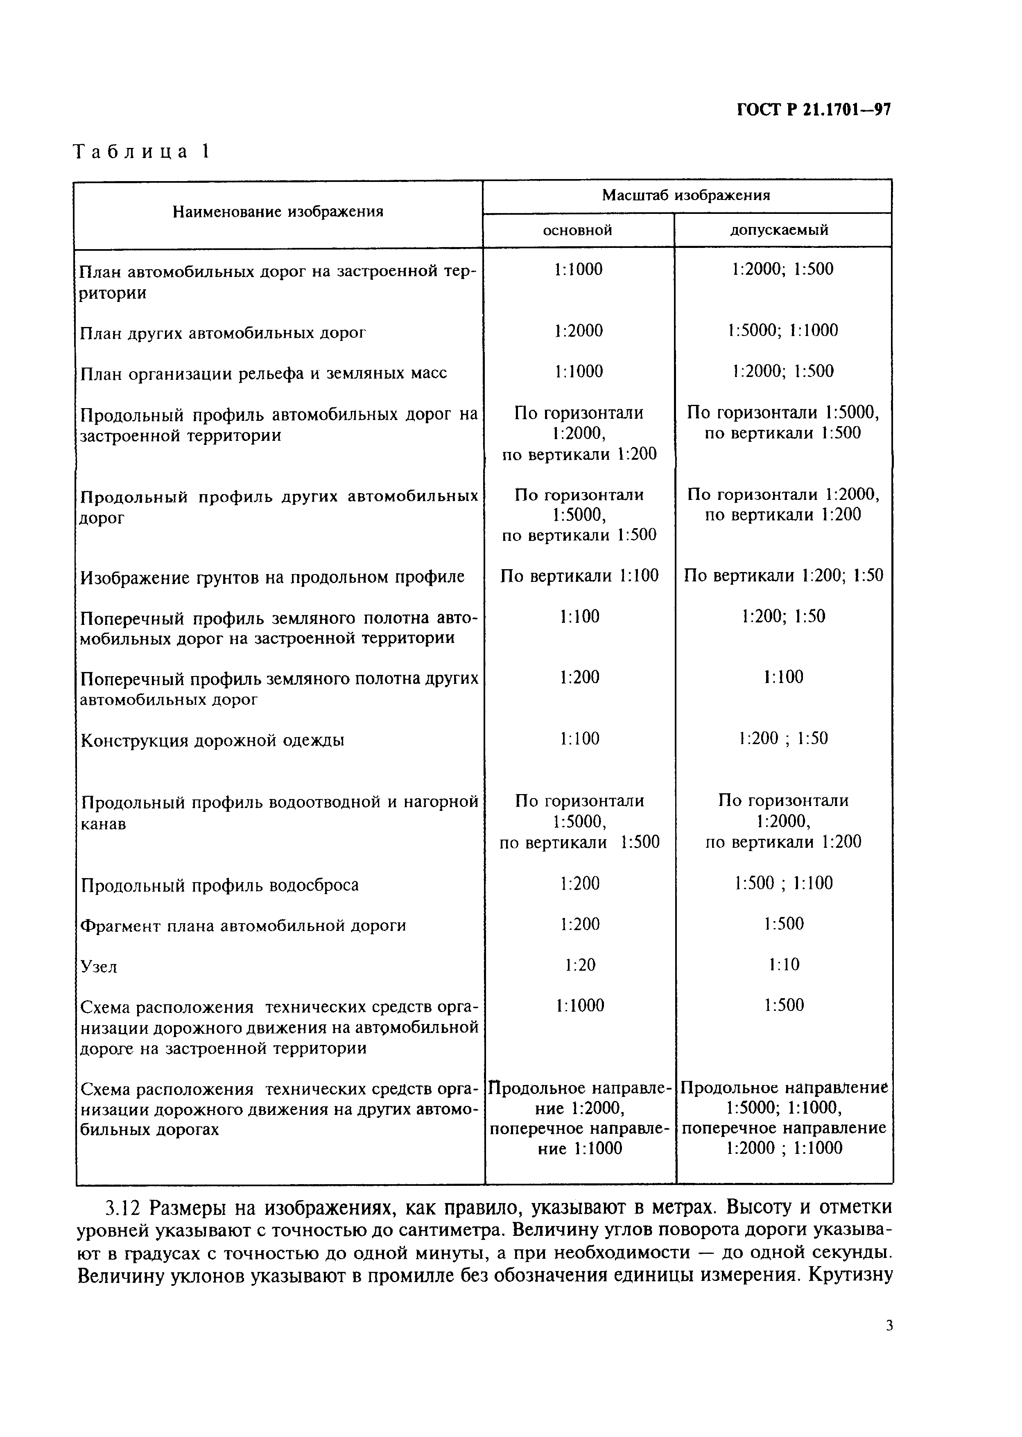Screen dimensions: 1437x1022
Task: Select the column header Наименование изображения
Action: tap(278, 211)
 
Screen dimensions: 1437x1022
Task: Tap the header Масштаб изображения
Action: tap(686, 195)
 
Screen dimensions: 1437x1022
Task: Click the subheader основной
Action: tap(578, 230)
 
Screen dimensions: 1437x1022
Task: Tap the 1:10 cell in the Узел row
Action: tap(783, 965)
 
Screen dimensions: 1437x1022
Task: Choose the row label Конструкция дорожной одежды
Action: tap(213, 740)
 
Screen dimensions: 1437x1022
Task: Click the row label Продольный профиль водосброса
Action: tap(219, 885)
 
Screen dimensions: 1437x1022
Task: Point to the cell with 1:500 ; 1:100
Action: tap(783, 883)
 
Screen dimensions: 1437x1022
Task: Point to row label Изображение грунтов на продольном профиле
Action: tap(272, 577)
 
